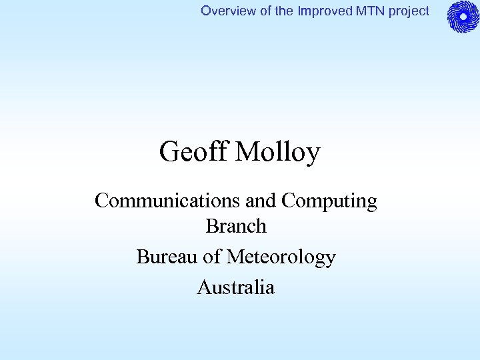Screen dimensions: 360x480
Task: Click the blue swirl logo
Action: click(x=463, y=17)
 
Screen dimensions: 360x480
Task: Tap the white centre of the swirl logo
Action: click(x=463, y=17)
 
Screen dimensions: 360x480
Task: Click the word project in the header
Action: click(x=405, y=11)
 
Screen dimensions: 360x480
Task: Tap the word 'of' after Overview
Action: click(x=257, y=11)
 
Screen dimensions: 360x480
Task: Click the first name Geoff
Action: click(x=194, y=153)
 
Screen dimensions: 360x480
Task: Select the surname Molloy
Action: click(x=278, y=153)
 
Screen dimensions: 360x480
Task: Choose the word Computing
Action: click(x=329, y=201)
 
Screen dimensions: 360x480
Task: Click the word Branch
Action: click(x=236, y=227)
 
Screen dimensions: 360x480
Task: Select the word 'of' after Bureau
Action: click(x=207, y=257)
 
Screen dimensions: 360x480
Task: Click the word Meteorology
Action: click(x=281, y=257)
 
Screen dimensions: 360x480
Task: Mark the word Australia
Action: click(x=236, y=287)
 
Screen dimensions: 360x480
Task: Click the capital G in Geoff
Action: click(x=169, y=153)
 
